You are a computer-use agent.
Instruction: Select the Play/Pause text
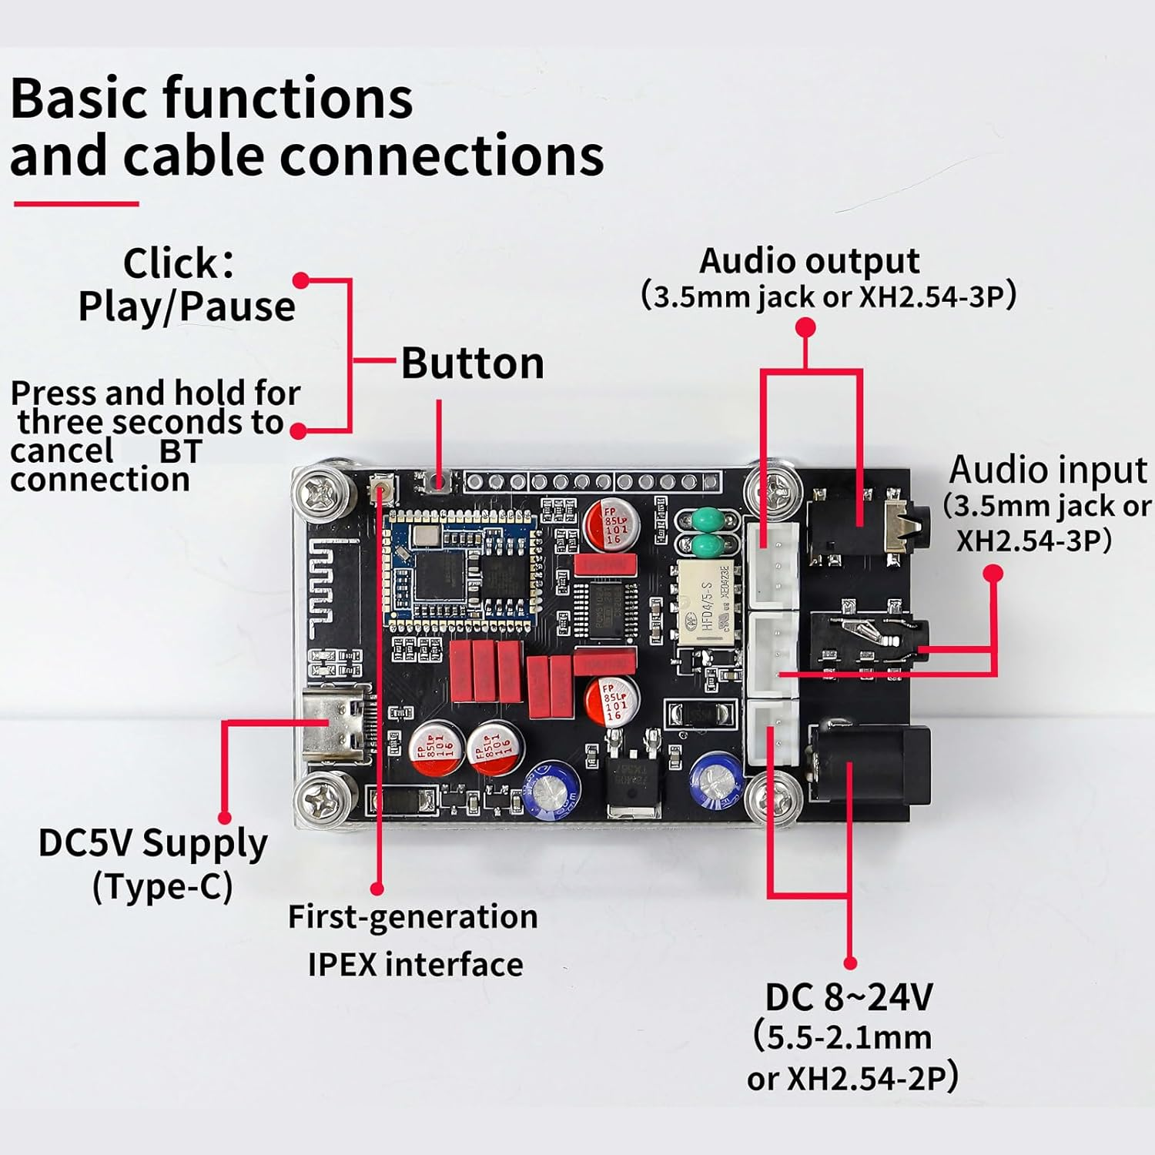(186, 306)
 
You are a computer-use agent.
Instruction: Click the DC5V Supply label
(152, 843)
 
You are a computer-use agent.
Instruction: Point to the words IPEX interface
(415, 964)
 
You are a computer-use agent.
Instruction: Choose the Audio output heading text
(808, 261)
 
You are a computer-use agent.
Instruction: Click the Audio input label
(1047, 470)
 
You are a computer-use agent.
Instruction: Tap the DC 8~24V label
(849, 997)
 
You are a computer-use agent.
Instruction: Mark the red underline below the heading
(76, 204)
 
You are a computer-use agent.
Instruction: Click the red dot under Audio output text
(805, 327)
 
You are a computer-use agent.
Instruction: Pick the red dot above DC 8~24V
(850, 962)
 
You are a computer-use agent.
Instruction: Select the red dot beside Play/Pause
(301, 280)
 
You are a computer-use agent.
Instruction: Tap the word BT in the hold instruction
(180, 452)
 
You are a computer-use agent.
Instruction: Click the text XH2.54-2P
(865, 1079)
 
